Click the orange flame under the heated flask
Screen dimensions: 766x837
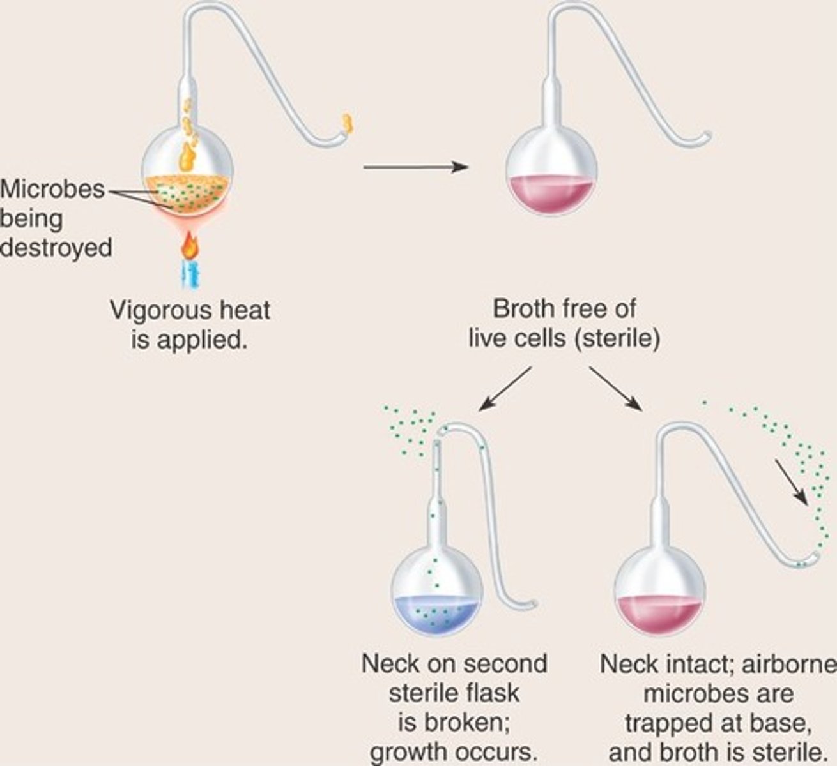pos(189,245)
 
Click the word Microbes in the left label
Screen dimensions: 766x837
pos(52,189)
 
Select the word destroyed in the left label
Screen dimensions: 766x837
pos(56,247)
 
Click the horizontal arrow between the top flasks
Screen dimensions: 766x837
pos(415,167)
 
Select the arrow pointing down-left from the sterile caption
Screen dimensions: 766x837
pos(505,387)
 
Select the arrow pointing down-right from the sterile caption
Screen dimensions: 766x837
pos(615,387)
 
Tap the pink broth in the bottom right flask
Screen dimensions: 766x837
pos(659,613)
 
